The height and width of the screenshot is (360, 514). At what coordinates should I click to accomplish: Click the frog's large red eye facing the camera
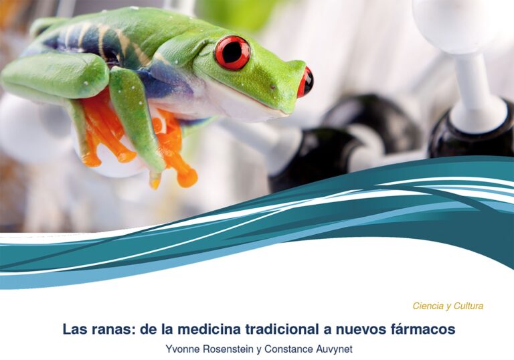tap(232, 53)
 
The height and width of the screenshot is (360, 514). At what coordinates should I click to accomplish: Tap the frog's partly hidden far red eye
tap(305, 81)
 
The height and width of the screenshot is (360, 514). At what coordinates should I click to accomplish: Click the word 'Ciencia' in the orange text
tap(427, 306)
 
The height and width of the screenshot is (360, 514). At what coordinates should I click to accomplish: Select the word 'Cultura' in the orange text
tap(468, 306)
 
